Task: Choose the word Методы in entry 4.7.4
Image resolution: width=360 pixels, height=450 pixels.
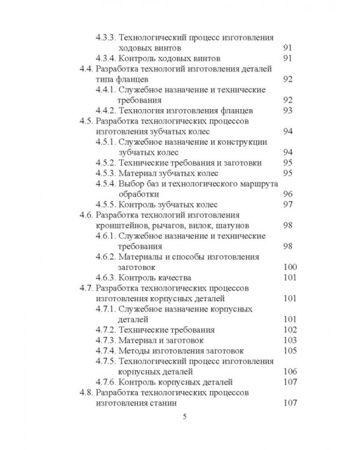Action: pos(137,350)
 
